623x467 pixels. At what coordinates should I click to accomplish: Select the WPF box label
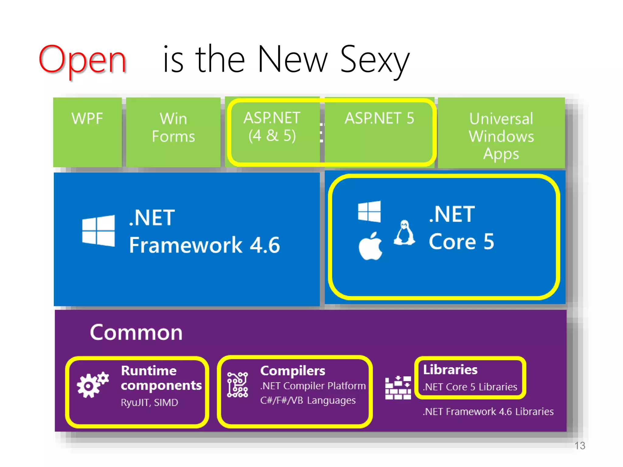coord(87,118)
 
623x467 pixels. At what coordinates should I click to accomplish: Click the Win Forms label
coord(173,127)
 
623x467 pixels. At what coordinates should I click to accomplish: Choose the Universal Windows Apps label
coord(501,136)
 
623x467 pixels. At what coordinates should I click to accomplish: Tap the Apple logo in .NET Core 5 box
coord(370,246)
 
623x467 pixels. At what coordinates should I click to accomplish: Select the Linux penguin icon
coord(404,233)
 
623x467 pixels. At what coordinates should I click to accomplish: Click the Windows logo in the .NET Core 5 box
coord(369,211)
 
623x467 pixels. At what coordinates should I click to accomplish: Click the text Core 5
coord(461,242)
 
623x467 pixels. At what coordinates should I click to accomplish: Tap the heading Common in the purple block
coord(136,332)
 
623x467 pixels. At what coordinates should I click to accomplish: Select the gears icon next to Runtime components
coord(92,385)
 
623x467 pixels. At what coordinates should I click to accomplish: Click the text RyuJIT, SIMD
coord(149,403)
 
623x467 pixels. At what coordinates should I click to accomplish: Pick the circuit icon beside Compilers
coord(238,385)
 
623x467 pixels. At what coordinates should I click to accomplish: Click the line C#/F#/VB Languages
coord(308,400)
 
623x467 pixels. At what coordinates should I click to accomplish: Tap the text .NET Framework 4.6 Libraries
coord(488,412)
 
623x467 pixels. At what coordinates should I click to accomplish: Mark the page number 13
coord(580,446)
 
